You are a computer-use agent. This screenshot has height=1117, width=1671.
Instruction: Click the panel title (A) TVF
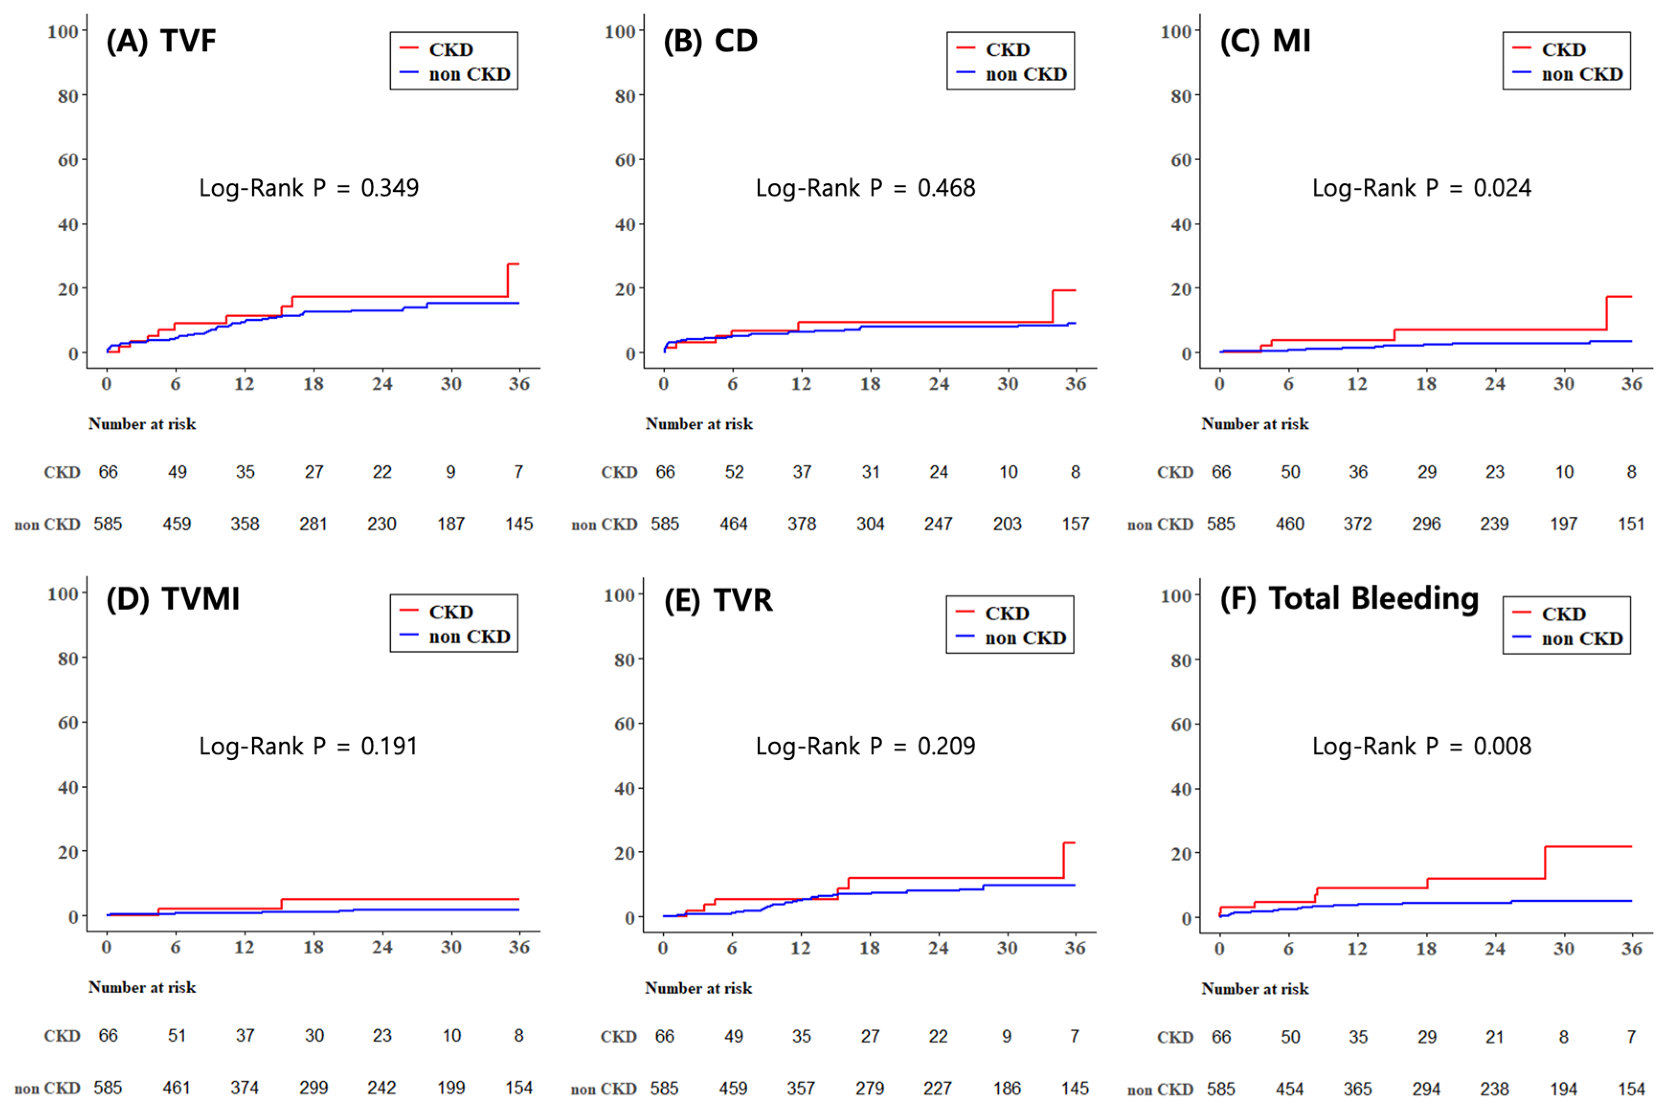tap(160, 41)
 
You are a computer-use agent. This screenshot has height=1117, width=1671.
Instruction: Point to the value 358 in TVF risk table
tap(245, 524)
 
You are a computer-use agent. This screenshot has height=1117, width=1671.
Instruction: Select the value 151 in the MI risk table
tap(1630, 524)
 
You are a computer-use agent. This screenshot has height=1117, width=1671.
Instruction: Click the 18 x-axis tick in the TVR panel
tap(869, 948)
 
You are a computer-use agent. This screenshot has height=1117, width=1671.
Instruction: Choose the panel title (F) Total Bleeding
tap(1348, 598)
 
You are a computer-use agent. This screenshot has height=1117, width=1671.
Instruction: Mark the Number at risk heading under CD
tap(698, 424)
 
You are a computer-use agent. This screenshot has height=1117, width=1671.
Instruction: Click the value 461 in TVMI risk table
tap(176, 1088)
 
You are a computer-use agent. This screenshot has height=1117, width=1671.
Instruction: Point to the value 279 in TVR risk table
tap(869, 1088)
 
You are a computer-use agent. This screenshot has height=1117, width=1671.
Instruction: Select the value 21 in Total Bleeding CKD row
tap(1494, 1037)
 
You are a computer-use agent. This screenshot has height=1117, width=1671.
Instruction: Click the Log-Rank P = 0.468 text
tap(864, 188)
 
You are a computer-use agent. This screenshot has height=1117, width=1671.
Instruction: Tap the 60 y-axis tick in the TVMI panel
tap(67, 723)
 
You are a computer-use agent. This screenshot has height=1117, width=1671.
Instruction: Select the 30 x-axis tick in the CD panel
tap(1007, 385)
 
